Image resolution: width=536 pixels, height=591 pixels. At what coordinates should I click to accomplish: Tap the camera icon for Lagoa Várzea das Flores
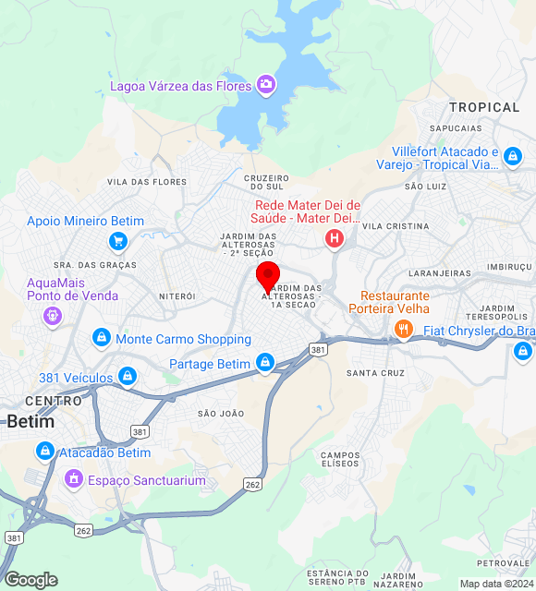(266, 85)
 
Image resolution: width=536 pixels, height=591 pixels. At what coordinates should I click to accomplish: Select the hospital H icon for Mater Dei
(334, 239)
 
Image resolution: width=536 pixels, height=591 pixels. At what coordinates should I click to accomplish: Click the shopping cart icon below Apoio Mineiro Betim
(117, 242)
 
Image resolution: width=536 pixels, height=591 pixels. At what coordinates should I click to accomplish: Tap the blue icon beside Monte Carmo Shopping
(101, 339)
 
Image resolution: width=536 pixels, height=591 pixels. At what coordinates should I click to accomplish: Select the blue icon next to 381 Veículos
(128, 377)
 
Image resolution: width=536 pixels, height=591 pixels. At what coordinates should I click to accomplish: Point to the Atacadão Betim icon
(44, 452)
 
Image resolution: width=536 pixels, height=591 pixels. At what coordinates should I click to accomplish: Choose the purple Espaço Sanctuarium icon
(73, 480)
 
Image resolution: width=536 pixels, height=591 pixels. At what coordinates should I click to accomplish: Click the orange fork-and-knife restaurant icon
(403, 329)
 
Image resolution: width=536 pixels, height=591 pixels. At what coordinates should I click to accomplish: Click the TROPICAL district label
(484, 107)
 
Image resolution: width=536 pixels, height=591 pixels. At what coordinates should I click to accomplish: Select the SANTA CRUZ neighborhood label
(375, 373)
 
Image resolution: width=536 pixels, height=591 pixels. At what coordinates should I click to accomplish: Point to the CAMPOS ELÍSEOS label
(340, 458)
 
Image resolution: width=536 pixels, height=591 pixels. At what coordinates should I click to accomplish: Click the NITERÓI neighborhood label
(177, 296)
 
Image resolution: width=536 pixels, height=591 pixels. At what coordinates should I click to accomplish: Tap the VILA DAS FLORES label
(147, 182)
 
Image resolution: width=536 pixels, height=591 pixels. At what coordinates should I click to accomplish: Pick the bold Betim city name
(30, 421)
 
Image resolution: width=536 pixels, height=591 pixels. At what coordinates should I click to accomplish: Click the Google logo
(30, 580)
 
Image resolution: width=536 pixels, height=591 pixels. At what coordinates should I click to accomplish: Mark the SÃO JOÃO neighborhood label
(221, 413)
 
